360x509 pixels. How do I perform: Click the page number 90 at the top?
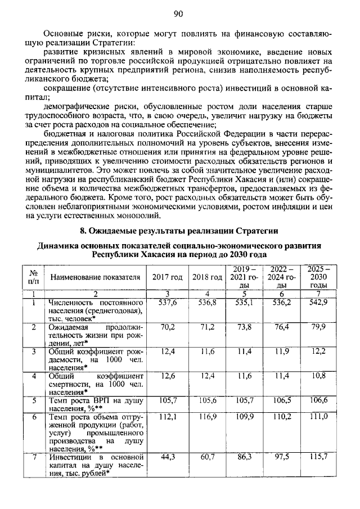179,13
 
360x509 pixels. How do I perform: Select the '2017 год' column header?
167,277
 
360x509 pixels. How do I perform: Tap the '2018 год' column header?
207,277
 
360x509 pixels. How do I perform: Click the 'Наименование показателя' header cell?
95,277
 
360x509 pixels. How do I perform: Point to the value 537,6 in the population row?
168,303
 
